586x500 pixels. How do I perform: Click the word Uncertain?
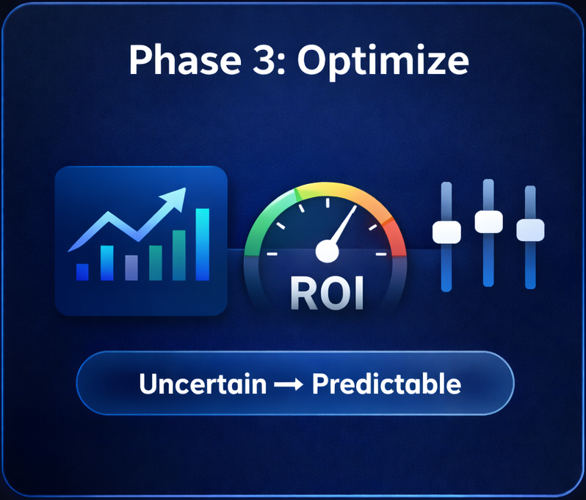203,384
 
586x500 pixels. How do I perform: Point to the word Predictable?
388,384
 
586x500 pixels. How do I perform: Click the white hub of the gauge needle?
327,252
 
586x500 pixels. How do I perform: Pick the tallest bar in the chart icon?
202,244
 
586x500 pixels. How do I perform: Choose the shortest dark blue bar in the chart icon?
82,271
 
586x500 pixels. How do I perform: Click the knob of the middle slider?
488,220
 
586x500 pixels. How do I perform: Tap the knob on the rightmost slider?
530,229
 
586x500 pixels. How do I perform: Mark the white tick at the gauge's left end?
272,254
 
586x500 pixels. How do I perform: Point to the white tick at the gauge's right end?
380,254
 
